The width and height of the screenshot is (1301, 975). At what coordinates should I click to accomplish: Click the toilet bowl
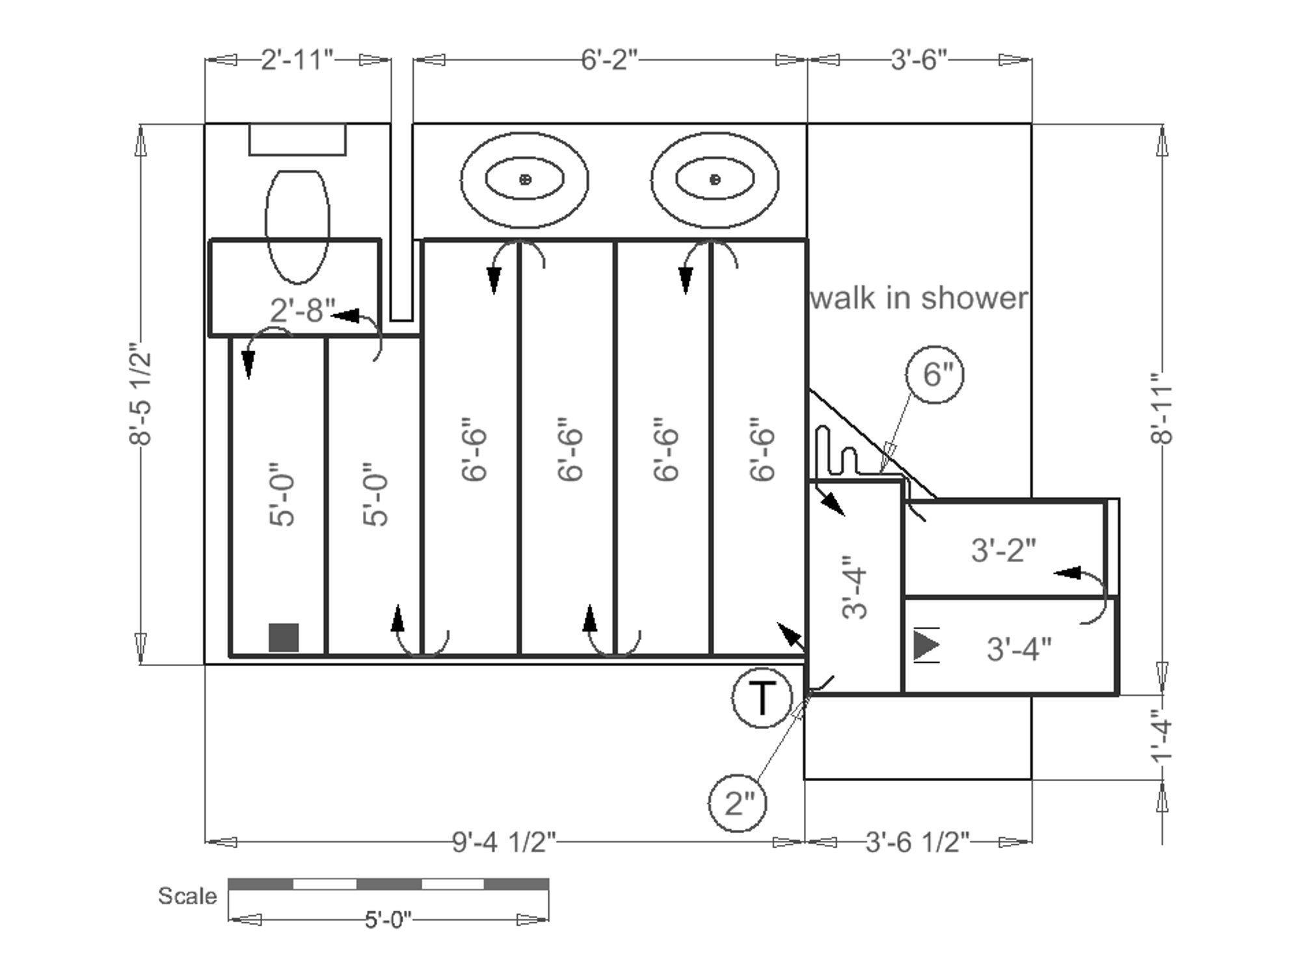(297, 226)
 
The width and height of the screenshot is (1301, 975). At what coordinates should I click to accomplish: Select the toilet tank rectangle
(297, 139)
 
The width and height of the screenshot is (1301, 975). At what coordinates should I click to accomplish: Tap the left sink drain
(525, 179)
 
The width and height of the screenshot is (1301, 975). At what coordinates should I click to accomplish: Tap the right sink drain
(715, 179)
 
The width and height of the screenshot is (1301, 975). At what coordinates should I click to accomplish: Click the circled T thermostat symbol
(762, 698)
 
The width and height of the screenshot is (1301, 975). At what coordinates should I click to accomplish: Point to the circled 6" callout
(935, 375)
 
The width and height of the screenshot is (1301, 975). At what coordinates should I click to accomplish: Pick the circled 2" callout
(738, 803)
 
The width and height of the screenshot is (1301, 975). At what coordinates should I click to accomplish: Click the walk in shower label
(919, 298)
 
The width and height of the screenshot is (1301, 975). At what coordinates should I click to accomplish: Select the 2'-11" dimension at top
(297, 60)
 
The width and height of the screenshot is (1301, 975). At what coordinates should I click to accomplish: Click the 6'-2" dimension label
(610, 60)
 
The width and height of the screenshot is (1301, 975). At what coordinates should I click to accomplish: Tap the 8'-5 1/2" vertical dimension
(141, 394)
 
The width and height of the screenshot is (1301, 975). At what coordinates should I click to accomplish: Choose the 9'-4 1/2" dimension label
(505, 842)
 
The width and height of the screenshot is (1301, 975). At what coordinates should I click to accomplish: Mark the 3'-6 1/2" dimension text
(918, 842)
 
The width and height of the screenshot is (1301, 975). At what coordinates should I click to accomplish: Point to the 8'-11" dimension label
(1162, 408)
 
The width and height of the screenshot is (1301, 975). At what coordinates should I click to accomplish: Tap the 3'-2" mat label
(1004, 550)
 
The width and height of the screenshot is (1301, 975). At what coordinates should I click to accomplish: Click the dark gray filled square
(284, 637)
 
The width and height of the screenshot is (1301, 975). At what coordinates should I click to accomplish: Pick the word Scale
(187, 896)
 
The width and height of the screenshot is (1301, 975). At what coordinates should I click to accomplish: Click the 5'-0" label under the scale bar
(388, 920)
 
